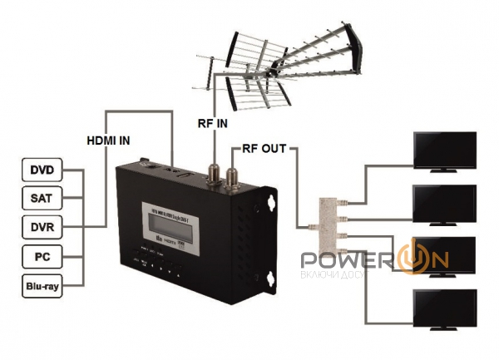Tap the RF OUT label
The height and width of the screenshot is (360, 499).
click(x=264, y=150)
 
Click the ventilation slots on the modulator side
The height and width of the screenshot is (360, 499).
click(x=245, y=241)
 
